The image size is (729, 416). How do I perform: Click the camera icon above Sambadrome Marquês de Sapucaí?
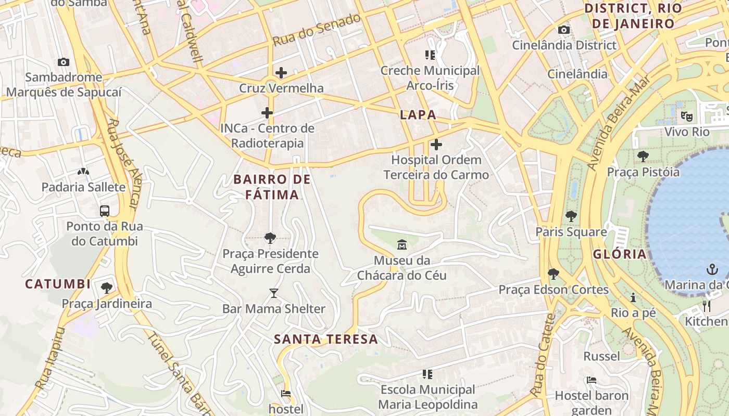[64, 62]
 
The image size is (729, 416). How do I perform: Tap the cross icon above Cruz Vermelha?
[281, 73]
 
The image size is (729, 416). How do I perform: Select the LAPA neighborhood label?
[418, 115]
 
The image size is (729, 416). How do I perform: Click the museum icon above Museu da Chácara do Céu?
[402, 244]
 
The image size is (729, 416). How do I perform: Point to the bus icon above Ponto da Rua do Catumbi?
[105, 211]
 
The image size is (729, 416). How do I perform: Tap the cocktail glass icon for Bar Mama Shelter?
[274, 293]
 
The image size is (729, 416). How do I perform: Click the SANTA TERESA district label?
[326, 340]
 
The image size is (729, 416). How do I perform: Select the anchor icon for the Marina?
[712, 269]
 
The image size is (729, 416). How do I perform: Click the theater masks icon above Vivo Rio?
[687, 116]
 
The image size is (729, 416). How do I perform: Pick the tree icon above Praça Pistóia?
[643, 156]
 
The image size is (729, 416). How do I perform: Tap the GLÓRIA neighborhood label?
[620, 254]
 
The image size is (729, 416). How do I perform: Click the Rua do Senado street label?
[317, 30]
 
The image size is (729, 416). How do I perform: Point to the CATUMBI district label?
[58, 284]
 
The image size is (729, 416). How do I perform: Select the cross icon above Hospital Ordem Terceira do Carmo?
[436, 145]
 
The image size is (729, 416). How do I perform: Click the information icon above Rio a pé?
[633, 298]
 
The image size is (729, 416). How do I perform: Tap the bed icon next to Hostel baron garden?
[592, 380]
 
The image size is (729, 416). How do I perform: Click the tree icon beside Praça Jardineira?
[107, 288]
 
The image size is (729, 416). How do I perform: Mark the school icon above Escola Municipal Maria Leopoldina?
[428, 374]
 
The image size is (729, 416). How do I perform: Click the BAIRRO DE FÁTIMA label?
[272, 187]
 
